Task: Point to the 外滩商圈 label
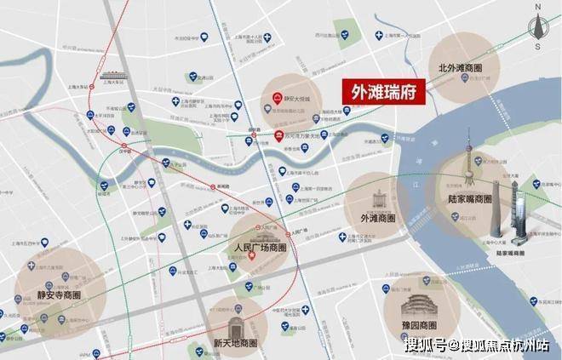pos(371,218)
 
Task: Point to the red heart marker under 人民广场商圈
pos(251,260)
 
